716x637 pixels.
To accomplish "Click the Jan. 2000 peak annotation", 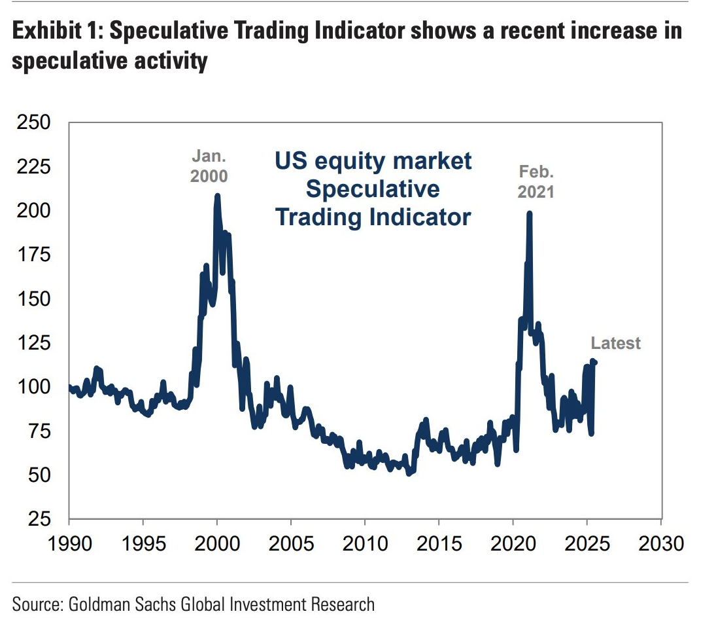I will (x=209, y=166).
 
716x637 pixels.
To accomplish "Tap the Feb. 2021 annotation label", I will (x=536, y=181).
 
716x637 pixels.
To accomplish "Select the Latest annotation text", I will (x=615, y=343).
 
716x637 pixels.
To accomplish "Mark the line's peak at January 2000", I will (x=217, y=196).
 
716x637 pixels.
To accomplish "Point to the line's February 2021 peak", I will (x=529, y=213).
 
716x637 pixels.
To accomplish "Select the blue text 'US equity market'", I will (x=372, y=161).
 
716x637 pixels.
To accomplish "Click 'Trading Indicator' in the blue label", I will (x=373, y=217).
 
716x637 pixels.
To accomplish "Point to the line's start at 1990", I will (x=69, y=387).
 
